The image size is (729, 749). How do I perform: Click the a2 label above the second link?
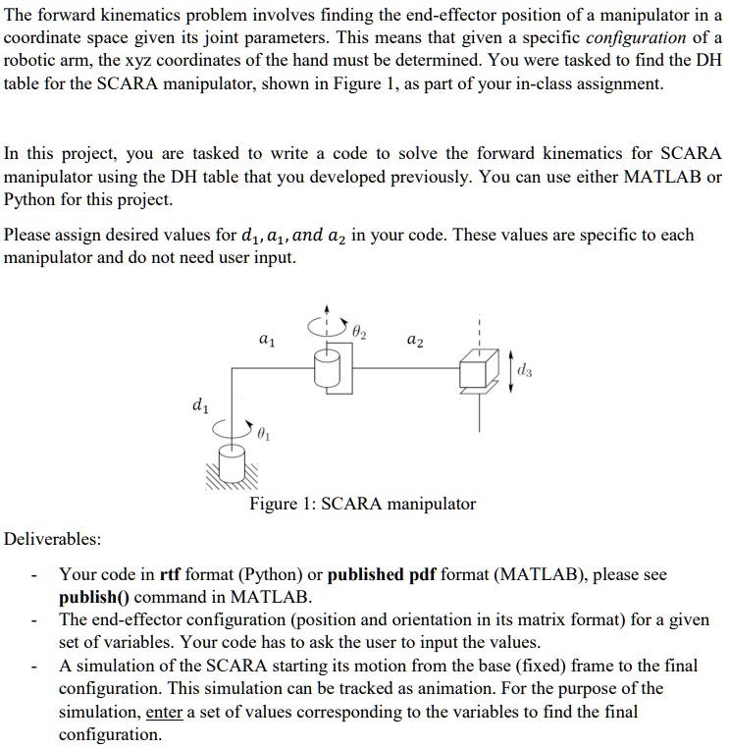pos(415,339)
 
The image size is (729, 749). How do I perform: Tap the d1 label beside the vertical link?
pos(200,402)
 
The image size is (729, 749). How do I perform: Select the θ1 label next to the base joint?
pos(264,433)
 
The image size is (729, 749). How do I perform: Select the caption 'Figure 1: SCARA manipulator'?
pos(362,504)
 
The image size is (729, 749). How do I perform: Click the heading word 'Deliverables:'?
pos(52,539)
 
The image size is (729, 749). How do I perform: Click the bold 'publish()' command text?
pos(95,597)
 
